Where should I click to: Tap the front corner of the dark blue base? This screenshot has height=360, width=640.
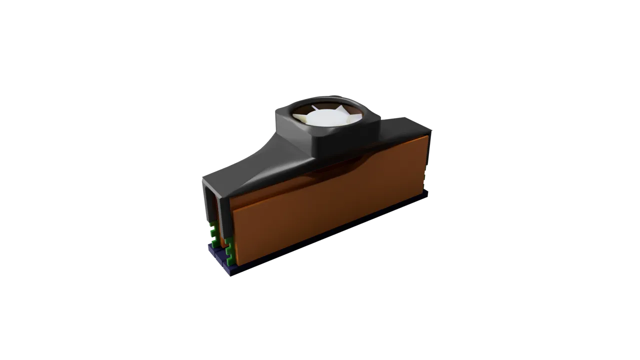232,273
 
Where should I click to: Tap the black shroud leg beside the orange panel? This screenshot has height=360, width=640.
225,220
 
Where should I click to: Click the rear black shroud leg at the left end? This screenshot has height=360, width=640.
204,210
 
